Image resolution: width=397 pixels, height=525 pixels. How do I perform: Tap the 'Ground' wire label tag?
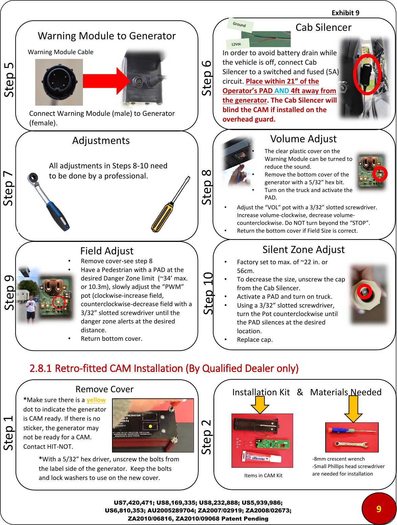[240, 24]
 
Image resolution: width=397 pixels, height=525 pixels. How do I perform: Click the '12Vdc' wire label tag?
[237, 44]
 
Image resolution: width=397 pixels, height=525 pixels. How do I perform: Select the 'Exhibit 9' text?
[345, 13]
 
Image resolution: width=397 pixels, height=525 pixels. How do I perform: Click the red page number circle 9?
[378, 509]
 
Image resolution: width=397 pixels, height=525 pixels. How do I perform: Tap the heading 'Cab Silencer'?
[323, 27]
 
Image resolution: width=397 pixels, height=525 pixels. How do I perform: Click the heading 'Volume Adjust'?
[303, 139]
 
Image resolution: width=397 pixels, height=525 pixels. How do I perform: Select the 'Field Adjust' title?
[107, 251]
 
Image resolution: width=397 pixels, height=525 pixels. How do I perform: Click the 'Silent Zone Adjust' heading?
[303, 250]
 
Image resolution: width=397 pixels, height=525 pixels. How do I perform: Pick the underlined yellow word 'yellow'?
[96, 400]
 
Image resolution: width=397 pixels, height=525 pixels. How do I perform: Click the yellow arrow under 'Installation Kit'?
[260, 404]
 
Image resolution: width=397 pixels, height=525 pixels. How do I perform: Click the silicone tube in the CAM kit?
[261, 458]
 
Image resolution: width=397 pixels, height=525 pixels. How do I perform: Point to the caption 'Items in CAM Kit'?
[263, 476]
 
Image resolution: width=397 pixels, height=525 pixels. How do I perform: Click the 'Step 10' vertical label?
[208, 293]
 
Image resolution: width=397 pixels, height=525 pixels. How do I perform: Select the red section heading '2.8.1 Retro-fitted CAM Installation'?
[164, 368]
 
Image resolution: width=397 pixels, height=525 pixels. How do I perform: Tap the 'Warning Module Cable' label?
[61, 52]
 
